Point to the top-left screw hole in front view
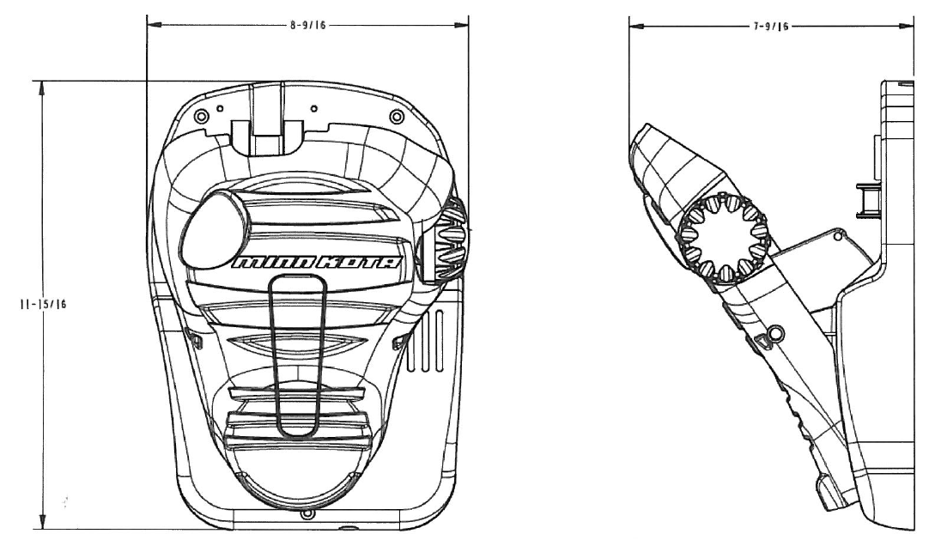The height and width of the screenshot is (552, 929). tap(202, 116)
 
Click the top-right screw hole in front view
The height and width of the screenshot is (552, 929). tap(395, 116)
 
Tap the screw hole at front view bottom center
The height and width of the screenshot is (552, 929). tap(307, 515)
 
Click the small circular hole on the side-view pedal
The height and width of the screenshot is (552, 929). tap(776, 331)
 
